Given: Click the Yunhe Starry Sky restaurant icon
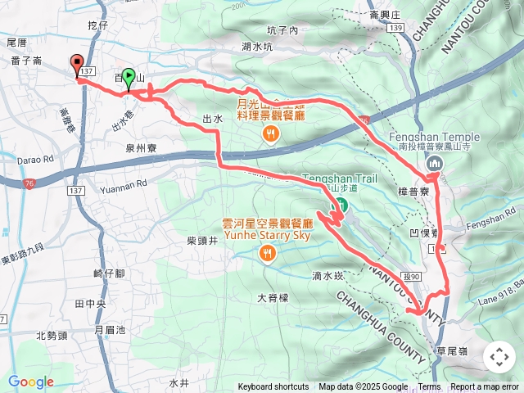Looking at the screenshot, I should pos(267,254).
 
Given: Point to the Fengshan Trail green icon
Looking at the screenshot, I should pos(343,204).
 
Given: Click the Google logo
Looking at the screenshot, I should pos(30,382).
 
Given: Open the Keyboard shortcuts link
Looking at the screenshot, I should pos(273,387).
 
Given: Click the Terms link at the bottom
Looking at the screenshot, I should pos(429,387).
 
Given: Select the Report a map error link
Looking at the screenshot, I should pos(485,387).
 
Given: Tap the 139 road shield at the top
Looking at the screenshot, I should pos(396,29).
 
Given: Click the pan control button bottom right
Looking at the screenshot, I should pos(499,357).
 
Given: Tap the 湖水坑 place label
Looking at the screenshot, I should pos(257,47).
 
